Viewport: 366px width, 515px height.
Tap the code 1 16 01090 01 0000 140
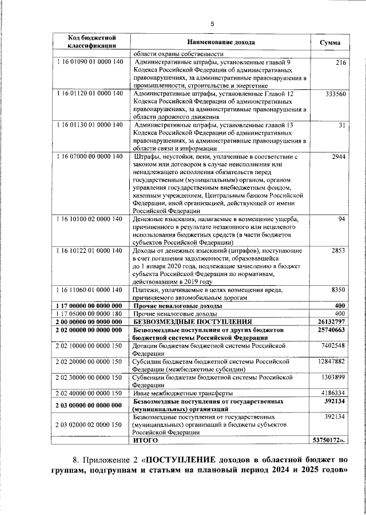(90, 62)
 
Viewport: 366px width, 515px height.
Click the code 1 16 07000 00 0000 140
(90, 156)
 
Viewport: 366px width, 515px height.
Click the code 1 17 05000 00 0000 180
(90, 314)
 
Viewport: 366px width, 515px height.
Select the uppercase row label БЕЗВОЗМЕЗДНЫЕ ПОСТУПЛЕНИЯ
(192, 322)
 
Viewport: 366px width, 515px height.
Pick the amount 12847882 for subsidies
(331, 361)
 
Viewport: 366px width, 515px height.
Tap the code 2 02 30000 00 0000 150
(90, 378)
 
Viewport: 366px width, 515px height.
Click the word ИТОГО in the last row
(145, 456)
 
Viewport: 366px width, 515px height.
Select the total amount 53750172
(330, 456)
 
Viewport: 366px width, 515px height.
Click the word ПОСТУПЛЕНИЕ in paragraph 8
(184, 477)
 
